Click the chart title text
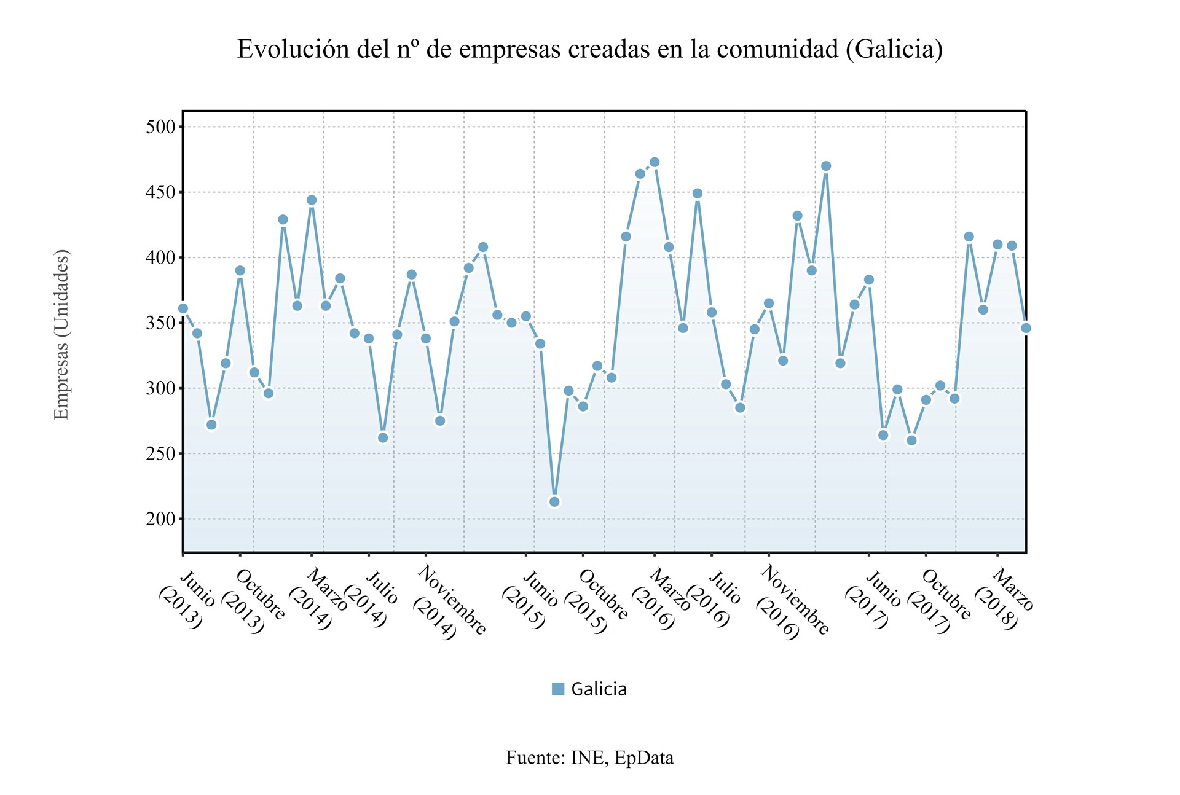[x=589, y=49]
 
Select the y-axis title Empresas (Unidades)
[x=61, y=334]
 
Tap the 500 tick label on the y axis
[x=160, y=127]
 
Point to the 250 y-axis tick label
[x=160, y=454]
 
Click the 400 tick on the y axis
[x=160, y=257]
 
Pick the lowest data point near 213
[x=554, y=502]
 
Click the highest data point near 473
[x=655, y=162]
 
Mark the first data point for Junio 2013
[x=183, y=308]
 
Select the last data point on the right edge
[x=1026, y=328]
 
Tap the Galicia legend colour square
[x=558, y=689]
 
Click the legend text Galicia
[x=599, y=689]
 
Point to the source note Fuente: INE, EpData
[x=589, y=758]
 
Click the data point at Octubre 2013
[x=240, y=271]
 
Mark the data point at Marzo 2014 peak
[x=312, y=200]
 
